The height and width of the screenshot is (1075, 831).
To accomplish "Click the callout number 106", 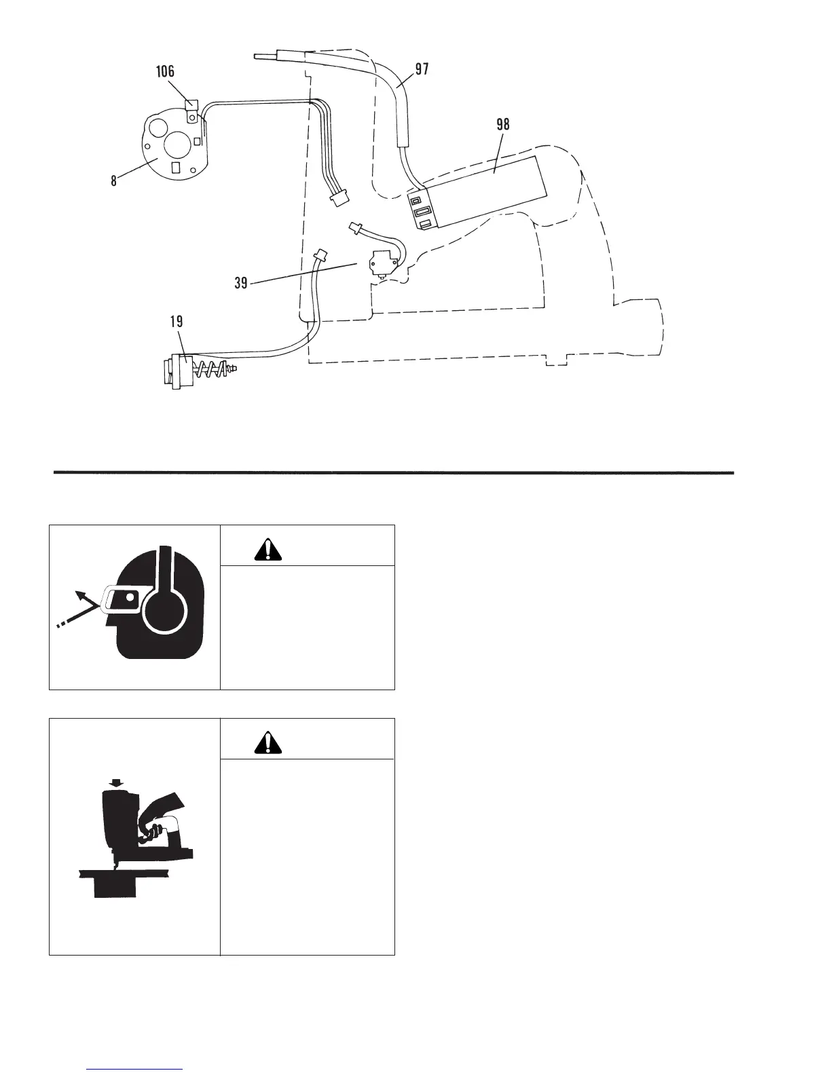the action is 164,71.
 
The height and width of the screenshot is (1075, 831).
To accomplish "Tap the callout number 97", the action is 421,69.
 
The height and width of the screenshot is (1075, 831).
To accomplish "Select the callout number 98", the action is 502,125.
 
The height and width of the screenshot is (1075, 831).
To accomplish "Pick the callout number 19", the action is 176,321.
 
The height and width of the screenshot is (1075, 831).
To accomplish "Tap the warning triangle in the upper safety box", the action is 268,549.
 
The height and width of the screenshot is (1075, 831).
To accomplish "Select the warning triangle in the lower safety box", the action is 268,743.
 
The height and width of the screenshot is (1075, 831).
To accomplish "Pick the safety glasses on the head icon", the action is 122,599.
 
